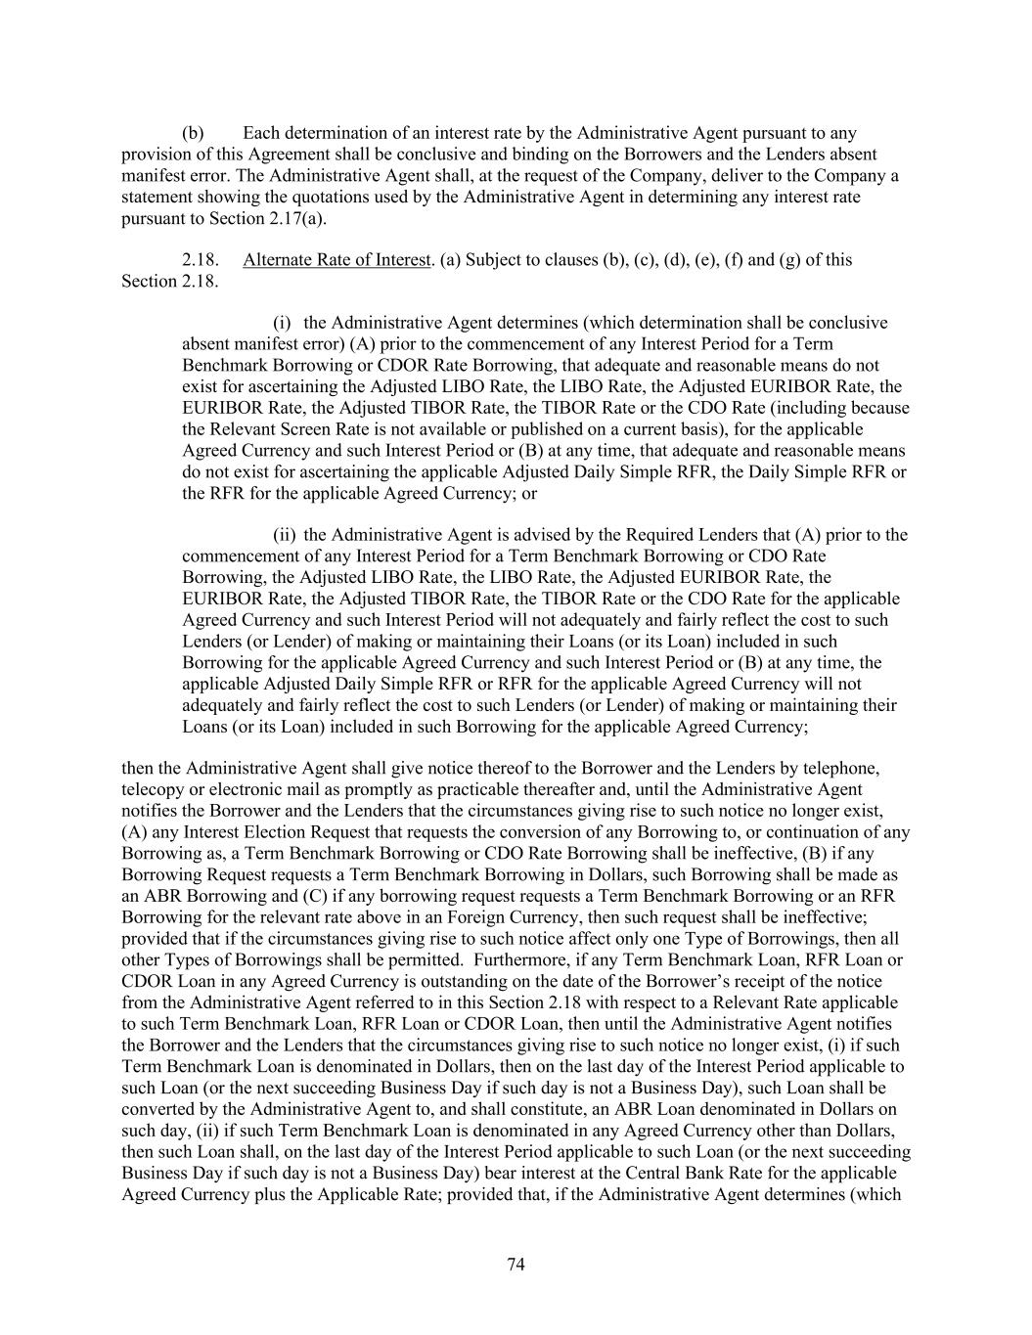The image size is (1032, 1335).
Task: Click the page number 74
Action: tap(516, 1265)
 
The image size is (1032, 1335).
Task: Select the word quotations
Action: tap(345, 197)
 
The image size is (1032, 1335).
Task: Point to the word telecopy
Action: tap(153, 789)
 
